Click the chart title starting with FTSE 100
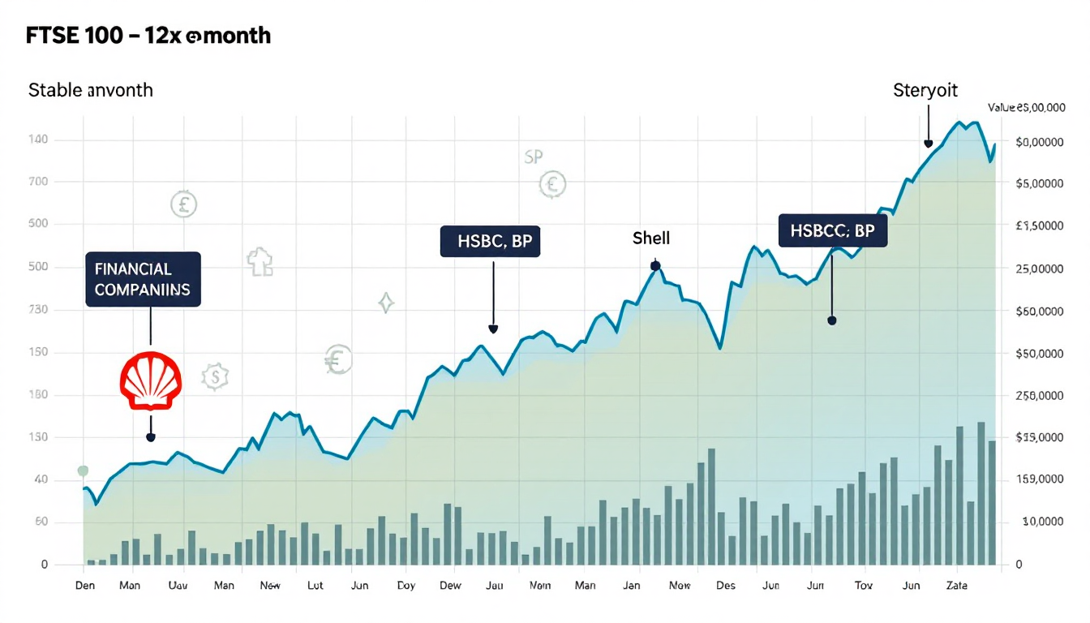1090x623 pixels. (148, 36)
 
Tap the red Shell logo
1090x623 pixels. (151, 380)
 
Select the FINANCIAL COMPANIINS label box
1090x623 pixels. (143, 279)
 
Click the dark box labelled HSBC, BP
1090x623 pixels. (490, 241)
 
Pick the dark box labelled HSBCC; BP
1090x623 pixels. (832, 230)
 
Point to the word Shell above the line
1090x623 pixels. (651, 238)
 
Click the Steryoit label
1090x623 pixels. (925, 90)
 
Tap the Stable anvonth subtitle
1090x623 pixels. (91, 90)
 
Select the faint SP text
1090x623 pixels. (533, 157)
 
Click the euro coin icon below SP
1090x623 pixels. (552, 185)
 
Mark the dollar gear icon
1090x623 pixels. (215, 376)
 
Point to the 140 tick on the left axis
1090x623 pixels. (38, 140)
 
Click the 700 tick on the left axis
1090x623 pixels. (38, 182)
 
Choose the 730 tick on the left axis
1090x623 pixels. (38, 310)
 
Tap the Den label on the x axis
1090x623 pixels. (85, 586)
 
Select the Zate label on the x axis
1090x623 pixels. (957, 586)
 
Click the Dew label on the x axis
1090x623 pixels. (449, 586)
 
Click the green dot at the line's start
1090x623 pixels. (82, 470)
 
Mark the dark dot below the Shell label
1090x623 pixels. (655, 266)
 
